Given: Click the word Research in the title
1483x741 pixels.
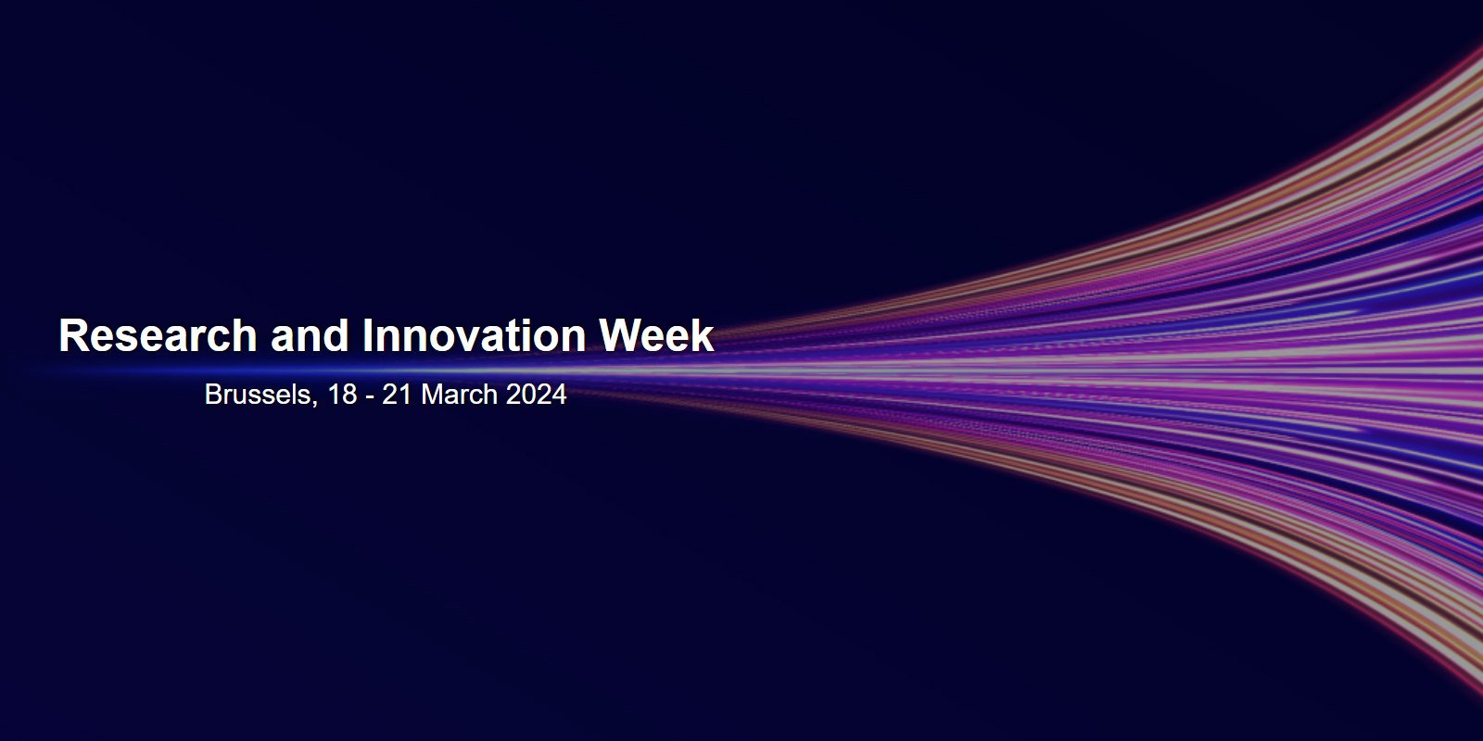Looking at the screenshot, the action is pos(158,335).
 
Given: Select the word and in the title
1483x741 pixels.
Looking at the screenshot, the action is pos(310,335).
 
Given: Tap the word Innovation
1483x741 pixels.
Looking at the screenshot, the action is pos(474,335).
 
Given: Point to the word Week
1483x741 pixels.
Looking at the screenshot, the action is pos(656,335).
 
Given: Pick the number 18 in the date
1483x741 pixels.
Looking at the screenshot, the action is pos(342,395).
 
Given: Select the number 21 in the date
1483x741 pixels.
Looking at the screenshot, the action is pos(398,395).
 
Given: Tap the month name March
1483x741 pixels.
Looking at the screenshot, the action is pos(460,395).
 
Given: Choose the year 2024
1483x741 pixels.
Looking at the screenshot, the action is pos(537,395).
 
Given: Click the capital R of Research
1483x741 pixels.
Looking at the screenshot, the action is pos(73,335).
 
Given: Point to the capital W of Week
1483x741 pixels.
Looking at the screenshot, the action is pos(620,335).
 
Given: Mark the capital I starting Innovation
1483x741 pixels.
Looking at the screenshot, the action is pos(367,335).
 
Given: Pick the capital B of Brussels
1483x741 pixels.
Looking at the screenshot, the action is pos(213,395).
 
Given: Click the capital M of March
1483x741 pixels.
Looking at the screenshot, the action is pos(433,395).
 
